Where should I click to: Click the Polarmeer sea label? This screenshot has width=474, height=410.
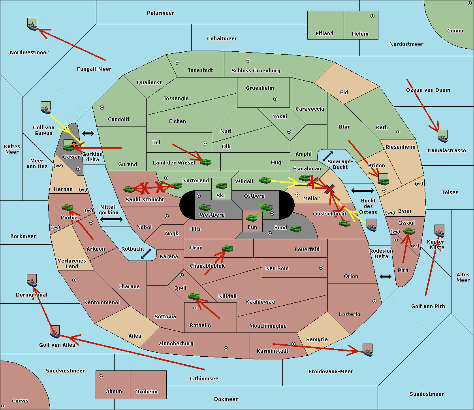(x=160, y=13)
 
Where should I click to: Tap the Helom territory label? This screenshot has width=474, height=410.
(x=360, y=34)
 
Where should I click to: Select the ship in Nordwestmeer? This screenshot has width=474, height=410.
(x=32, y=25)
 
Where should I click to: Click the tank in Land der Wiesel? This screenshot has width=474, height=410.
(x=205, y=162)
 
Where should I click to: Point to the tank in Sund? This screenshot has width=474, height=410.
(x=296, y=229)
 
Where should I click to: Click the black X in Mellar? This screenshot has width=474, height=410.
(x=329, y=189)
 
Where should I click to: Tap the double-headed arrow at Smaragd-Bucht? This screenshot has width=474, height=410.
(x=327, y=156)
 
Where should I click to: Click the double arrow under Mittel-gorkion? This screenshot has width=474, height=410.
(x=111, y=219)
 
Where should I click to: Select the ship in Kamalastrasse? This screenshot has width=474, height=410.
(x=442, y=137)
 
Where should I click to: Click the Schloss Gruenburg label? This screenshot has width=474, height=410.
(x=256, y=71)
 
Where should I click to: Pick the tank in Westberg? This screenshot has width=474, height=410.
(x=205, y=208)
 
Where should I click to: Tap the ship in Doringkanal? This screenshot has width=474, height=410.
(x=32, y=281)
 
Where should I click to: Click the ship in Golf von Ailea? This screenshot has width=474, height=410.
(x=55, y=333)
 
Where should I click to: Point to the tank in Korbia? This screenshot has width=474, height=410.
(x=67, y=208)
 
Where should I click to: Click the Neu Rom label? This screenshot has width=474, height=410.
(x=277, y=268)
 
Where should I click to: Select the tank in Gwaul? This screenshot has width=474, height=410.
(x=408, y=231)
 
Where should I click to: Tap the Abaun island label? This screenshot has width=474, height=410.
(x=114, y=391)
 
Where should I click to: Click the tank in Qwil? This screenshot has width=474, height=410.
(x=194, y=296)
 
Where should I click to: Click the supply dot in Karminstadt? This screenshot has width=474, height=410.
(x=293, y=344)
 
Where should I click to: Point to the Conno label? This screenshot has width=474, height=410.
(x=455, y=31)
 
